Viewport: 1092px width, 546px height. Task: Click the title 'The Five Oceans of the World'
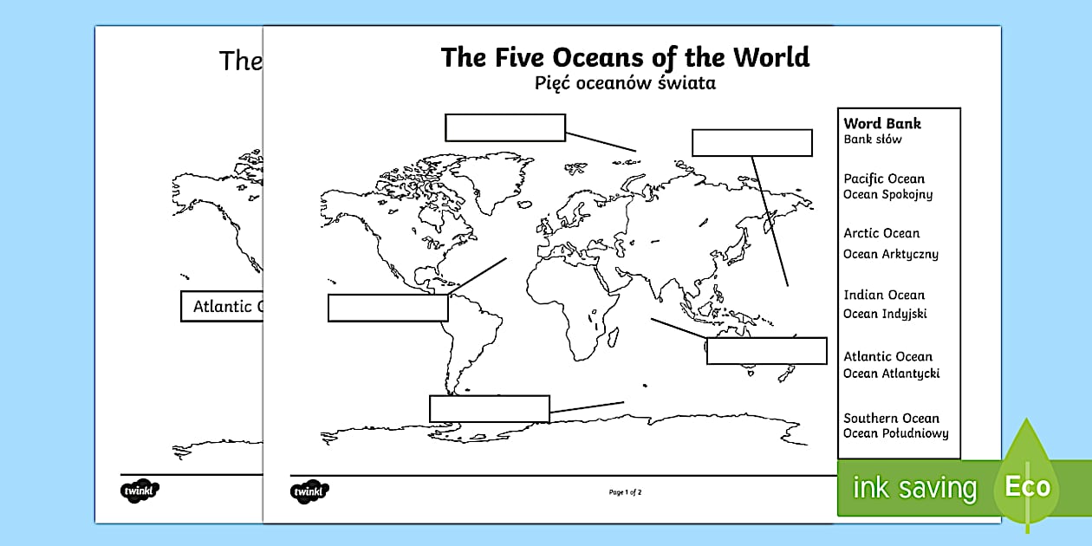pyautogui.click(x=625, y=57)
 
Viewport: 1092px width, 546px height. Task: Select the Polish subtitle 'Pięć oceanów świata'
pyautogui.click(x=625, y=84)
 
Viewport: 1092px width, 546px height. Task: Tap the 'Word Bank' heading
pyautogui.click(x=882, y=123)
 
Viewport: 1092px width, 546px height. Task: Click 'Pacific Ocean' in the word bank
pyautogui.click(x=883, y=179)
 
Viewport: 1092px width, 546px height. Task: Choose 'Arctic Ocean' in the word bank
pyautogui.click(x=881, y=233)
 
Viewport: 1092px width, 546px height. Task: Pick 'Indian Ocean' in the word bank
pyautogui.click(x=884, y=295)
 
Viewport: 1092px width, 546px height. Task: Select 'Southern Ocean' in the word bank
pyautogui.click(x=891, y=418)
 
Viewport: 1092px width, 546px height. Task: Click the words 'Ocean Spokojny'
pyautogui.click(x=887, y=194)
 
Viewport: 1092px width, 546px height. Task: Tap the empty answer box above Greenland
pyautogui.click(x=505, y=127)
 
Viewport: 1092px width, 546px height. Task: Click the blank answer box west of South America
pyautogui.click(x=387, y=308)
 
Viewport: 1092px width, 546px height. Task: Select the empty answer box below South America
pyautogui.click(x=490, y=409)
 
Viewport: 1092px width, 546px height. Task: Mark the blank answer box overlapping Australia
pyautogui.click(x=766, y=351)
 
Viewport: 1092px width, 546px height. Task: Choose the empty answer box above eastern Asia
pyautogui.click(x=751, y=143)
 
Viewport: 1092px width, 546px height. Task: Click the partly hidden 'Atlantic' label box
pyautogui.click(x=222, y=307)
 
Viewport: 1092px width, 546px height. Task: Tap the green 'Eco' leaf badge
pyautogui.click(x=1027, y=485)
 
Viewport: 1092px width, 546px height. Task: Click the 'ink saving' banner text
pyautogui.click(x=914, y=488)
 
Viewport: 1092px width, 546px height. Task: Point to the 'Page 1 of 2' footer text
pyautogui.click(x=625, y=492)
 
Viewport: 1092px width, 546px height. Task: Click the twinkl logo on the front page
pyautogui.click(x=309, y=492)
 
